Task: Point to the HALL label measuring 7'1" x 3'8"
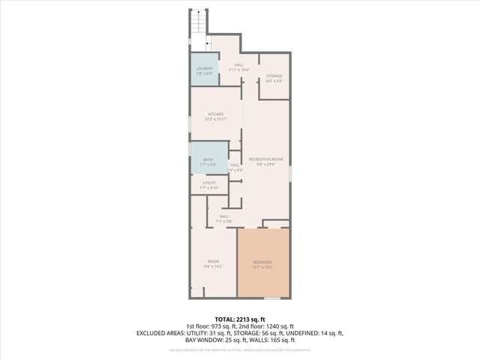[224, 218]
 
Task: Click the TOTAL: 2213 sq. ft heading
[239, 319]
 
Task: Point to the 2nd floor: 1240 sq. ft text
[268, 326]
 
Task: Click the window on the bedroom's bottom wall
[271, 298]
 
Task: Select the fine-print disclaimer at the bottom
[239, 350]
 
